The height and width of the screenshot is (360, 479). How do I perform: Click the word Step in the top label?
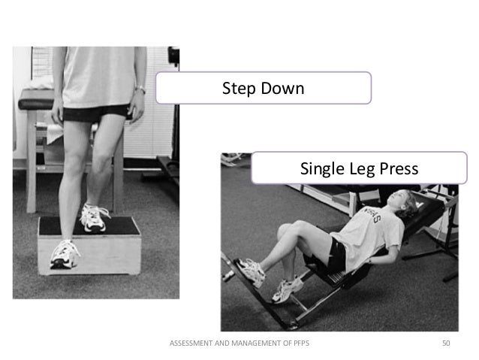tap(238, 89)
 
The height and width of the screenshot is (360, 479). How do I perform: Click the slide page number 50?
tap(446, 343)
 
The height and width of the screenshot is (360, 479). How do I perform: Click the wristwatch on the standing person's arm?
tap(140, 89)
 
